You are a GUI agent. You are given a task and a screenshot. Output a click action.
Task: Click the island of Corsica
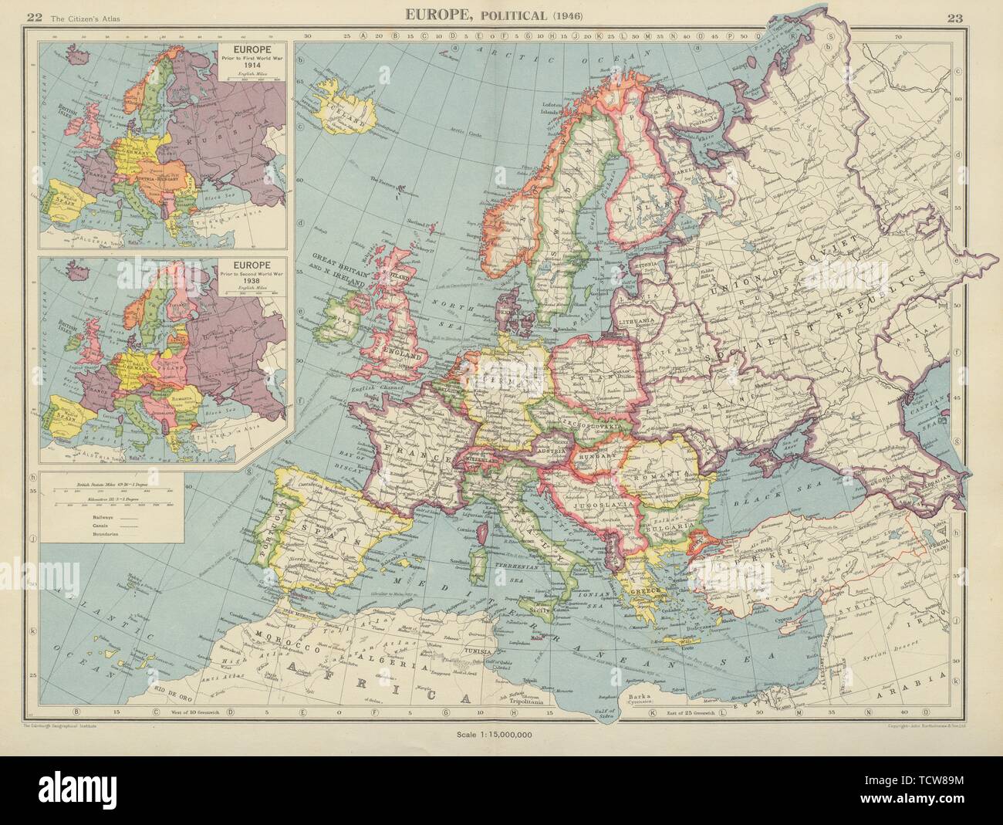click(x=485, y=533)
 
